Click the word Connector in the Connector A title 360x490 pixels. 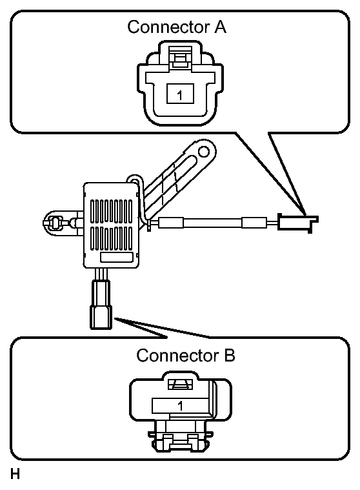166,27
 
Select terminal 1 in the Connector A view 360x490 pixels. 180,94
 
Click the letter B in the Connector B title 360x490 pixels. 229,356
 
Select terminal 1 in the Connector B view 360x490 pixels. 180,406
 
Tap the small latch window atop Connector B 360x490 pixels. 181,384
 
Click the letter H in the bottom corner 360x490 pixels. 15,474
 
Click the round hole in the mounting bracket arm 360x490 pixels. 203,152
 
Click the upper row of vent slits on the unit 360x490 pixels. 112,211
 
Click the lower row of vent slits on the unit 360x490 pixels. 112,238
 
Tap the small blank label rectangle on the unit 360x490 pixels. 116,257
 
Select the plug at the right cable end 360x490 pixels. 297,223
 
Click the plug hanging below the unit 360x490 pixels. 101,304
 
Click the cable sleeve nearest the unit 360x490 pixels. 171,223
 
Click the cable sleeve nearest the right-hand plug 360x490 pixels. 254,223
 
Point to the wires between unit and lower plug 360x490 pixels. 101,274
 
